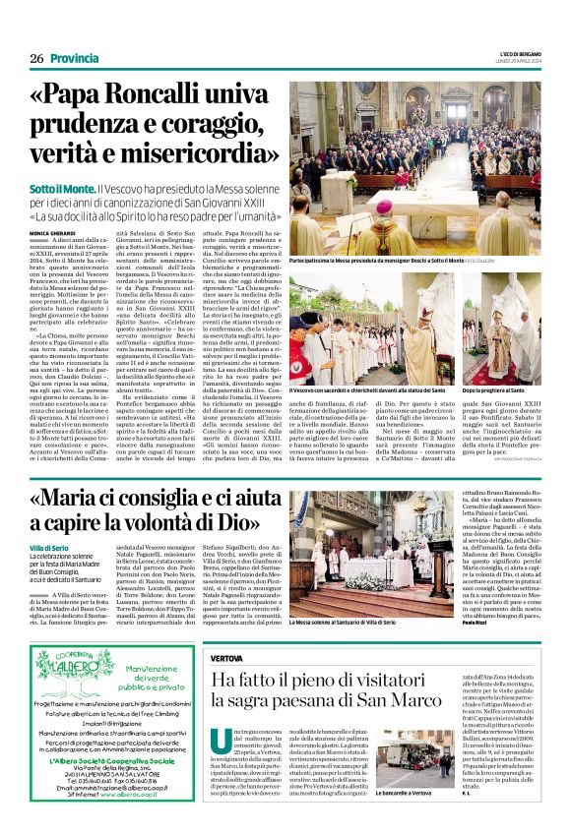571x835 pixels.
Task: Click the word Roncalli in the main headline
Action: [x=175, y=96]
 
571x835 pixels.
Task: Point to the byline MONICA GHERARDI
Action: [x=51, y=232]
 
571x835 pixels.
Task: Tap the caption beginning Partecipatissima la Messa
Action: [x=389, y=264]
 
